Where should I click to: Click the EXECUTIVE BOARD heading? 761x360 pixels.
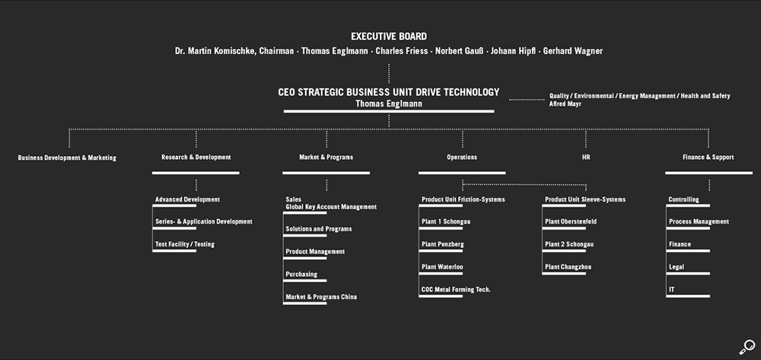pyautogui.click(x=388, y=36)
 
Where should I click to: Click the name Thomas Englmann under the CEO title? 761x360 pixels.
pyautogui.click(x=388, y=103)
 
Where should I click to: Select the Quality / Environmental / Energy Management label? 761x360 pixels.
pyautogui.click(x=639, y=96)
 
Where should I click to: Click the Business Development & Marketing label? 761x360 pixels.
pyautogui.click(x=67, y=158)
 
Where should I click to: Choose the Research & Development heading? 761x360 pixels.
pyautogui.click(x=196, y=158)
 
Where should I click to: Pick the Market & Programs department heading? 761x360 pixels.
pyautogui.click(x=326, y=158)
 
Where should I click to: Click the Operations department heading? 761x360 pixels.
pyautogui.click(x=462, y=158)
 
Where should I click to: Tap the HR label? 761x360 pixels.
pyautogui.click(x=586, y=158)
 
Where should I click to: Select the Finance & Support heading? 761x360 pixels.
pyautogui.click(x=708, y=158)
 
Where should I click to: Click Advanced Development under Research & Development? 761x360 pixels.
pyautogui.click(x=187, y=199)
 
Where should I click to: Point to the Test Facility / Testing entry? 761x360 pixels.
pyautogui.click(x=185, y=244)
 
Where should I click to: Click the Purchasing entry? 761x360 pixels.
pyautogui.click(x=301, y=274)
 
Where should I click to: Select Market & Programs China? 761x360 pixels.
pyautogui.click(x=320, y=297)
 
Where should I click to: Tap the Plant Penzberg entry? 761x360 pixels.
pyautogui.click(x=442, y=244)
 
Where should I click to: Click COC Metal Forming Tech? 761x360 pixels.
pyautogui.click(x=456, y=289)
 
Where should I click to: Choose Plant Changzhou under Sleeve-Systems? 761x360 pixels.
pyautogui.click(x=568, y=267)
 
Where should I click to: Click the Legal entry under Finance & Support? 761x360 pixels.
pyautogui.click(x=677, y=267)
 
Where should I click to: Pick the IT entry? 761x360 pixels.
pyautogui.click(x=672, y=290)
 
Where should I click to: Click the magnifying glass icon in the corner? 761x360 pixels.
pyautogui.click(x=746, y=347)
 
